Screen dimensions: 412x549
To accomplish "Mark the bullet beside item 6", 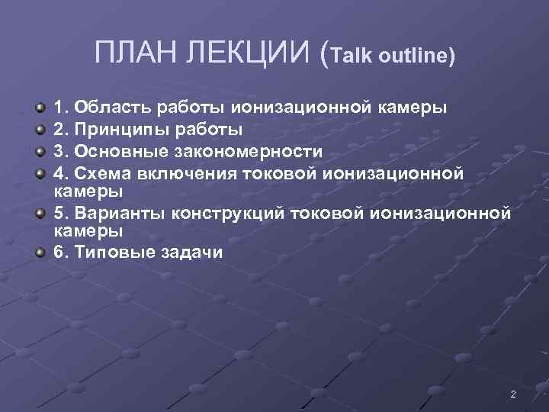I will point(40,252).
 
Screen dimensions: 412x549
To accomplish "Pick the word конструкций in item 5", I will point(231,211).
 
